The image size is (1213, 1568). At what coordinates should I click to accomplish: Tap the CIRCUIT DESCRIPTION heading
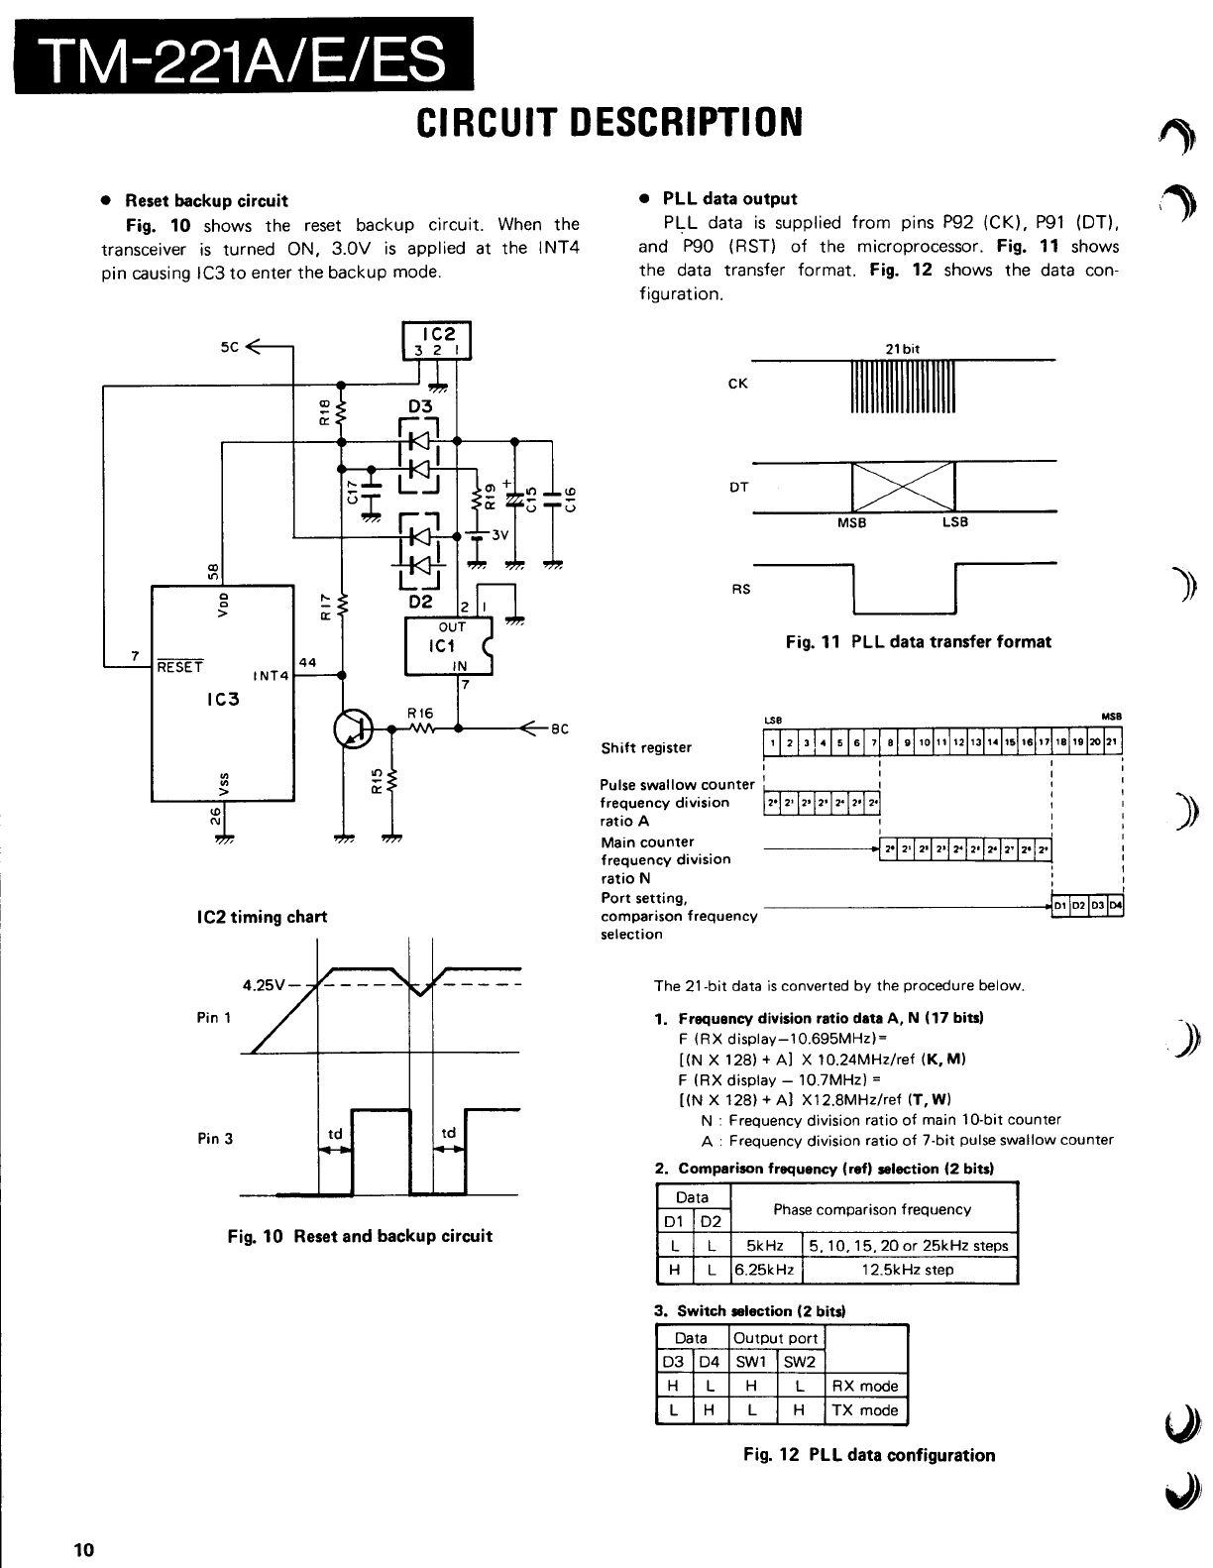pos(606,123)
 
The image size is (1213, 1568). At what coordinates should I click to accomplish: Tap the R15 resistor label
pos(375,782)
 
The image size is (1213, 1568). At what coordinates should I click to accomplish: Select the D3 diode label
pos(421,405)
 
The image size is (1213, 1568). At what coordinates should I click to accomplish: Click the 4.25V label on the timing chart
pos(264,985)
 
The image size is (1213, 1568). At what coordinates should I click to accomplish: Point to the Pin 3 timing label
pos(215,1138)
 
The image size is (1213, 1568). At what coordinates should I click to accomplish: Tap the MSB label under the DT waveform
pos(852,523)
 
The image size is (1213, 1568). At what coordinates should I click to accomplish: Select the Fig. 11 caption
pos(918,641)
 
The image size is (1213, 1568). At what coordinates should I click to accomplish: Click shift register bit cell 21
pos(1113,741)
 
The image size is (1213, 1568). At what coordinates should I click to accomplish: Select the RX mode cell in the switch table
pos(865,1386)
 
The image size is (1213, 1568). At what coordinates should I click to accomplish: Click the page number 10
pos(82,1549)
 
